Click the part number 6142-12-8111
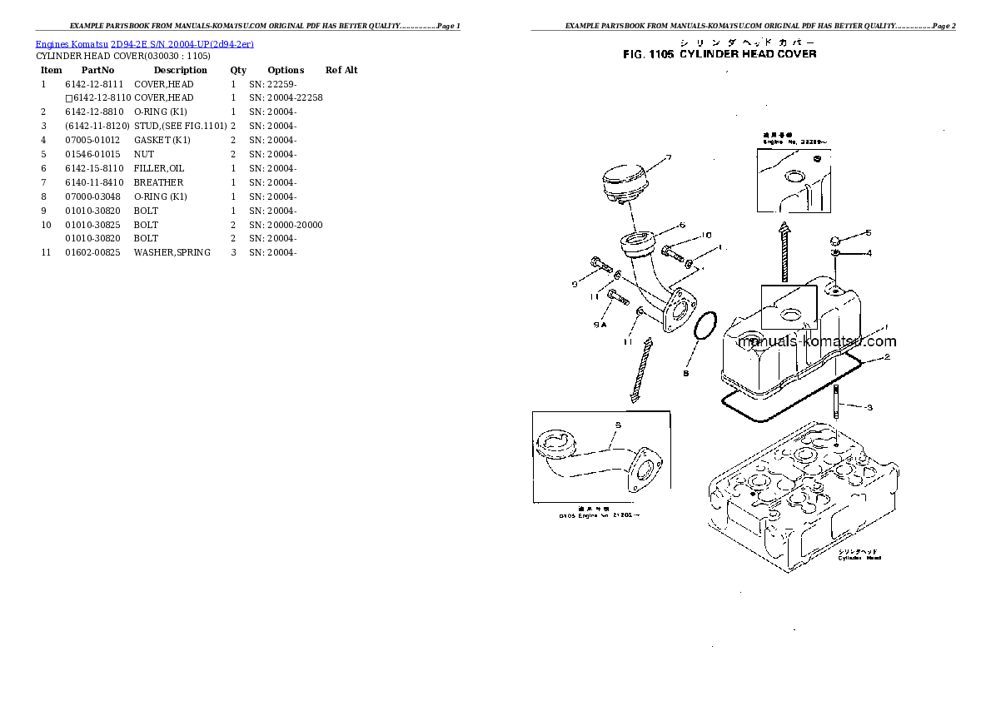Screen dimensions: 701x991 (x=93, y=84)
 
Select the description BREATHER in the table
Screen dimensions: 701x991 (x=158, y=182)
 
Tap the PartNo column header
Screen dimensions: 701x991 (x=97, y=70)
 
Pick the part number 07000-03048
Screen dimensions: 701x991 (x=93, y=196)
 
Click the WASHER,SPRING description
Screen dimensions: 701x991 (x=172, y=252)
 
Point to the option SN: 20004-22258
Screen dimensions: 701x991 (x=286, y=98)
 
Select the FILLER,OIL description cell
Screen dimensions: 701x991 (x=159, y=168)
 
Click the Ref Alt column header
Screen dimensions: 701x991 (x=341, y=70)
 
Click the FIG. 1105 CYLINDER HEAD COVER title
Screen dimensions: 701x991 (x=720, y=54)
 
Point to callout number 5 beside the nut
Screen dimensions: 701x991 (x=868, y=233)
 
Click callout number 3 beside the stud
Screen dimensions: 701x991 (x=869, y=407)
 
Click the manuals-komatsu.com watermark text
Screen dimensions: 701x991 (x=817, y=341)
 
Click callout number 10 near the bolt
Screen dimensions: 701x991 (x=706, y=235)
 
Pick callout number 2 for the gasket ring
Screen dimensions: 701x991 (x=888, y=357)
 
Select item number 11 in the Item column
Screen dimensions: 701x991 (x=46, y=252)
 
